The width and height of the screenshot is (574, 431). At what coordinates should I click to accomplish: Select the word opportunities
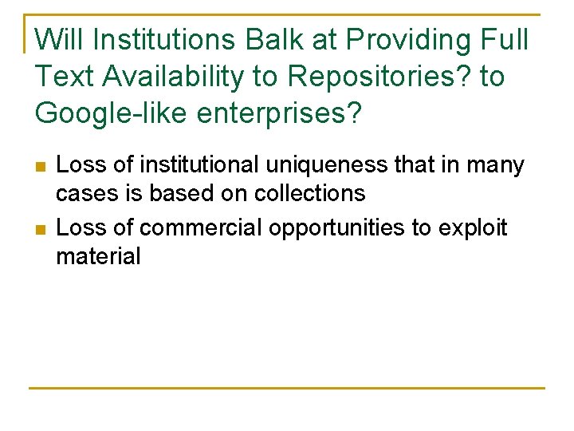click(x=338, y=227)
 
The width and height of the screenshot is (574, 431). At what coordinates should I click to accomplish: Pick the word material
click(x=98, y=256)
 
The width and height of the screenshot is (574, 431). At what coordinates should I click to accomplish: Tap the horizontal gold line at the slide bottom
click(x=287, y=388)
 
